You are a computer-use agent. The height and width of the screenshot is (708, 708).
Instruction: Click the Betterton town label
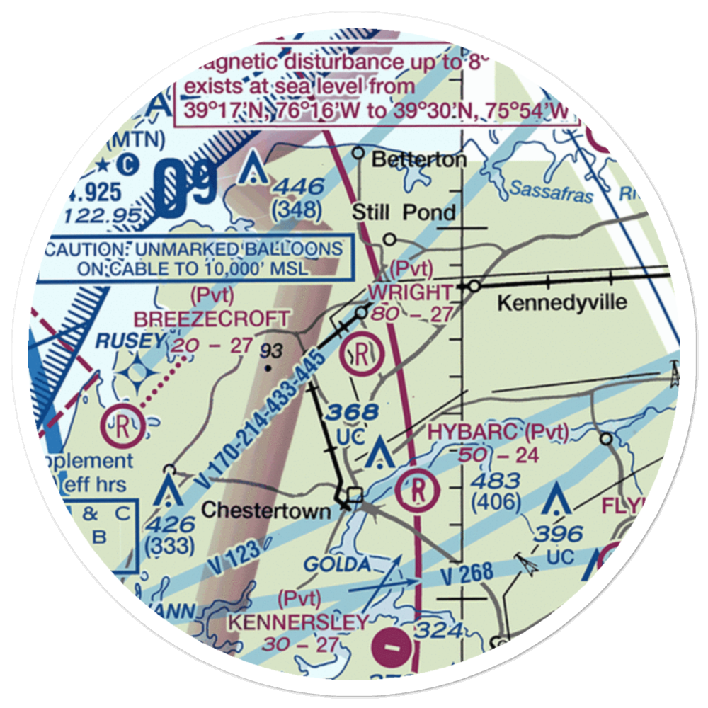coord(419,159)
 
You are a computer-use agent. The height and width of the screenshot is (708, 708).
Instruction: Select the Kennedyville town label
coord(562,303)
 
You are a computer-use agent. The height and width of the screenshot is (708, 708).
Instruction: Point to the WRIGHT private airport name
coord(410,292)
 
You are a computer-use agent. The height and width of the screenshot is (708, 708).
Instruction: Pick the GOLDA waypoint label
coord(338,565)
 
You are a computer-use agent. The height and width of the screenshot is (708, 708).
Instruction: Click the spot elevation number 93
coord(270,350)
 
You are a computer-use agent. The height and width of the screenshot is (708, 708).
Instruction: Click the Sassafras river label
coord(549,190)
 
